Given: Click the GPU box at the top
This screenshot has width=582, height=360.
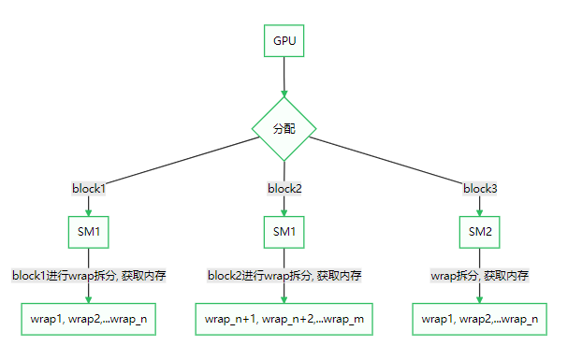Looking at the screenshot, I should coord(284,41).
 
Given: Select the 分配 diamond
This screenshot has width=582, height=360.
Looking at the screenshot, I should coord(284,129).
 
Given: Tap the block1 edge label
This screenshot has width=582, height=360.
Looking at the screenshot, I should coord(89,188).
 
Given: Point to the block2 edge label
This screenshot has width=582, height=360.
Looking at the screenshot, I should coord(284,188).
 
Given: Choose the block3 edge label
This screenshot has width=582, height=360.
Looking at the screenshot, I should coord(480,188).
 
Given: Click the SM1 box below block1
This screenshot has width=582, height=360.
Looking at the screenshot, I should coord(89,231).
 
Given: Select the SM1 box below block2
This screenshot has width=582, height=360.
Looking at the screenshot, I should coord(284,231).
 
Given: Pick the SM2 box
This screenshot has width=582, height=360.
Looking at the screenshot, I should coord(480,231).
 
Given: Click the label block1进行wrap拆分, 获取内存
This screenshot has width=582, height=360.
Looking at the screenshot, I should coord(89,276).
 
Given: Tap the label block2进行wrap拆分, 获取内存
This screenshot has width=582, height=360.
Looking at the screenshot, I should coord(284,276).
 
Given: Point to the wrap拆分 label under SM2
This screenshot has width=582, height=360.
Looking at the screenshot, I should coord(480,276).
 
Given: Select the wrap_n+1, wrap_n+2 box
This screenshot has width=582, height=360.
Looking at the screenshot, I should coord(284,319).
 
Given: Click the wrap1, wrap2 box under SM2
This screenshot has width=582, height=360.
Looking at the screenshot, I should coord(480,319).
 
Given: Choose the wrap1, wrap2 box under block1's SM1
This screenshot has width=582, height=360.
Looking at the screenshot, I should coord(89,319).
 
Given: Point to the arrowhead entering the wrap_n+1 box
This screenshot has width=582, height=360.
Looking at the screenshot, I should coord(284,298).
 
